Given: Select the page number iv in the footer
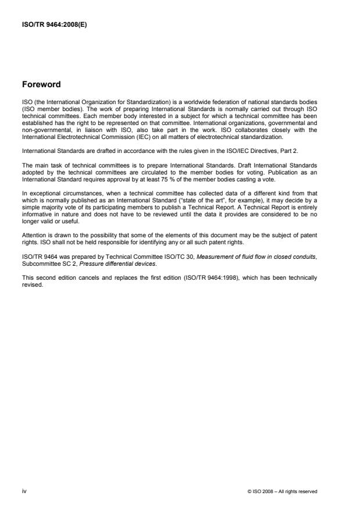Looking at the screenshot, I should pos(24,491).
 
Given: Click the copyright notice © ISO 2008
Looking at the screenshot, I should pos(282,491).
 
